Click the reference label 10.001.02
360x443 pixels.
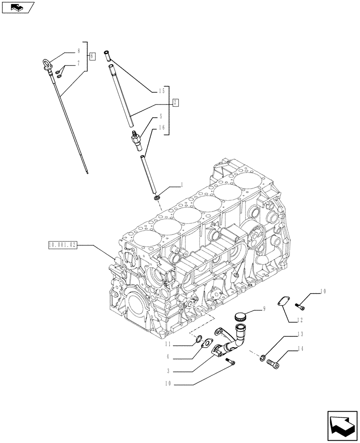[61, 245]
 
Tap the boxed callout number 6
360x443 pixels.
[92, 56]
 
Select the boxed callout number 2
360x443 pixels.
[176, 103]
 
